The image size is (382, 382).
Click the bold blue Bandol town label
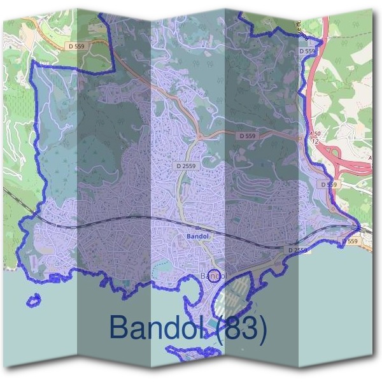[197, 236]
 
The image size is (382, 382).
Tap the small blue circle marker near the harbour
[216, 276]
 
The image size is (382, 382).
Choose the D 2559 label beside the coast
[297, 250]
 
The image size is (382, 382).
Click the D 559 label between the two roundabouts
[248, 136]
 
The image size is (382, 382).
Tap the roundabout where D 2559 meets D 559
[199, 136]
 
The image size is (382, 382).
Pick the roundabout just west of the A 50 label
[299, 136]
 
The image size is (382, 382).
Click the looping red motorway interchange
[344, 159]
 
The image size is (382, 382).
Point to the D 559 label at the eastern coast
[351, 242]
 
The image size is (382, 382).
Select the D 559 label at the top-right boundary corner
[308, 51]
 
